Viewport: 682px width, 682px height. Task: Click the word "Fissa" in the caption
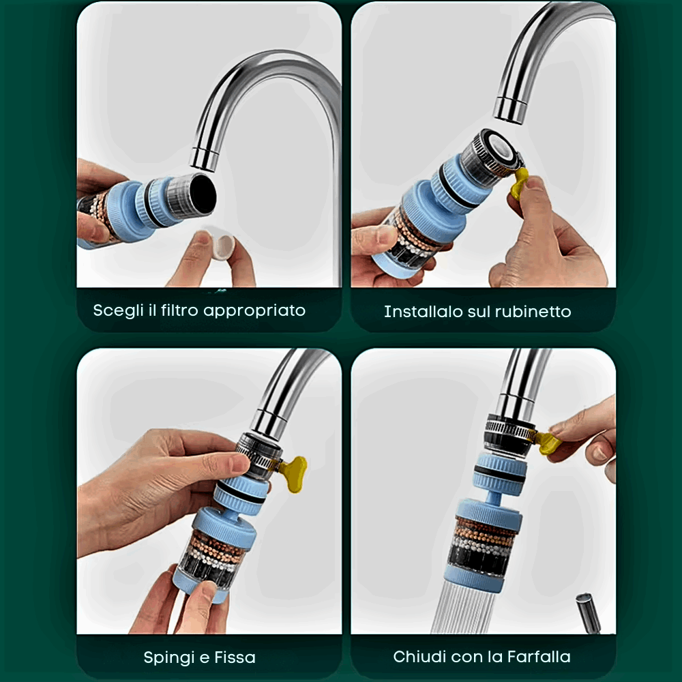[x=235, y=657]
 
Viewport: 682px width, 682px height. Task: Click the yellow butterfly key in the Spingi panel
[x=293, y=473]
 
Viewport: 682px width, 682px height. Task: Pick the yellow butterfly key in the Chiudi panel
[x=548, y=443]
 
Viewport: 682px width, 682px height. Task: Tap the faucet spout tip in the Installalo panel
[x=510, y=109]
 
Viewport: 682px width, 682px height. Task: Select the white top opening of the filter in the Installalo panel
[x=501, y=145]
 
